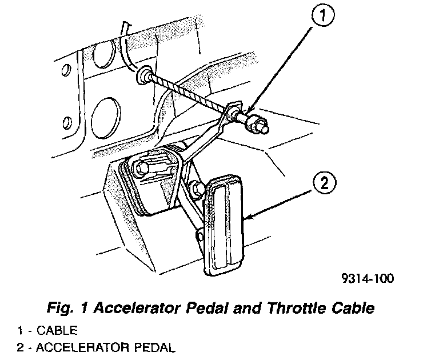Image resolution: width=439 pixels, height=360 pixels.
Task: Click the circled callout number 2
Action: click(324, 185)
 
